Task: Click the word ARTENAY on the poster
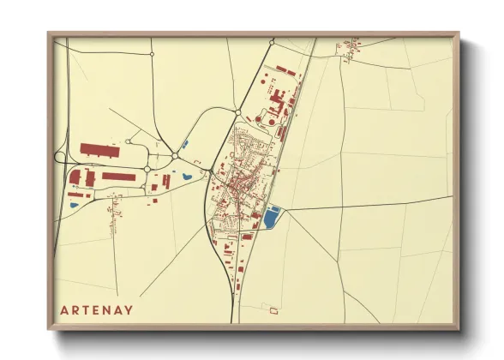(x=97, y=309)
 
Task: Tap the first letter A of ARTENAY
(x=64, y=309)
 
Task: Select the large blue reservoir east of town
(x=273, y=218)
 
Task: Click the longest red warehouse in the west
(x=101, y=149)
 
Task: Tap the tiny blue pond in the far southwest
(x=73, y=206)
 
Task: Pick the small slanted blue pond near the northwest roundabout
(x=186, y=143)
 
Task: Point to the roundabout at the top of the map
(x=271, y=41)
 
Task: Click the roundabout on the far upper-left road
(x=152, y=54)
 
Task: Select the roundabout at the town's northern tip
(x=237, y=112)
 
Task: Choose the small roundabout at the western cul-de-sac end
(x=128, y=141)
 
